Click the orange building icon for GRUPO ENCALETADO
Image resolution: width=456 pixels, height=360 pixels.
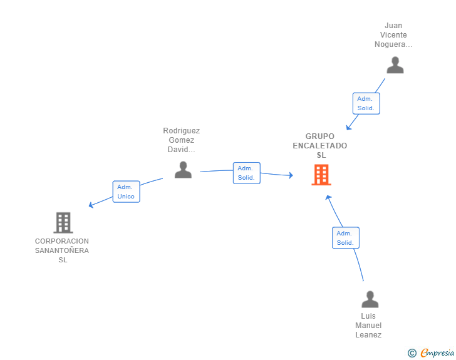tap(321, 175)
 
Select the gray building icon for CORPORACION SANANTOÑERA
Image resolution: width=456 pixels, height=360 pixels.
tap(63, 223)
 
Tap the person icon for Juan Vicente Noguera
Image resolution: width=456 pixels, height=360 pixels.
tap(395, 65)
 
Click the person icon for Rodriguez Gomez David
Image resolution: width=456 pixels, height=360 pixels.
tap(183, 170)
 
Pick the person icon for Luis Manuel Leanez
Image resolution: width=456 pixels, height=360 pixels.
tap(370, 299)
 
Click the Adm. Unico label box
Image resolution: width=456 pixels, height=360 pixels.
tap(127, 192)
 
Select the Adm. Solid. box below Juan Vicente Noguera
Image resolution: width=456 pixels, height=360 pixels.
tap(366, 103)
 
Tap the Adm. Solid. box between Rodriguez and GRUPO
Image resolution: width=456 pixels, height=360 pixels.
tap(247, 173)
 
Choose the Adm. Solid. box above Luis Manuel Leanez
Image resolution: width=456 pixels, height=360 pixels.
tap(346, 238)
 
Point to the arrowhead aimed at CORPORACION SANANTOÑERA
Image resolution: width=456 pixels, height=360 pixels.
tap(91, 205)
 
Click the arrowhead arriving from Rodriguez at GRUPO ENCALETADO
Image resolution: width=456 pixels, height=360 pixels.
tap(291, 175)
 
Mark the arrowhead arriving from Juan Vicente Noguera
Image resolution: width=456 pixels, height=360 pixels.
tap(348, 127)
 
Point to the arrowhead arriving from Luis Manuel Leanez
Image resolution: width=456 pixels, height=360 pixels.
tap(328, 198)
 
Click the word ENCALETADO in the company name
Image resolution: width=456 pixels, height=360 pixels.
tap(320, 146)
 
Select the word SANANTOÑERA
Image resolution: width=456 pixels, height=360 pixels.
tap(62, 250)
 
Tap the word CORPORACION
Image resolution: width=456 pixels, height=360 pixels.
tap(62, 241)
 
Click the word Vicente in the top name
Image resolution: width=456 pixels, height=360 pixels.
tap(393, 35)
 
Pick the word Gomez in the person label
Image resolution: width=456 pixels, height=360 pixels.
tap(182, 140)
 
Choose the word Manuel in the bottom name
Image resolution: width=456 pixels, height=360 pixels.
tap(368, 326)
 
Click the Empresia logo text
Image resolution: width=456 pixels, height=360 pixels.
tap(437, 352)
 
